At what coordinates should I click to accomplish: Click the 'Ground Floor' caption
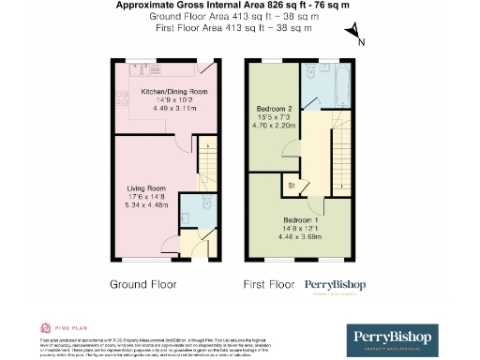pyautogui.click(x=143, y=284)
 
